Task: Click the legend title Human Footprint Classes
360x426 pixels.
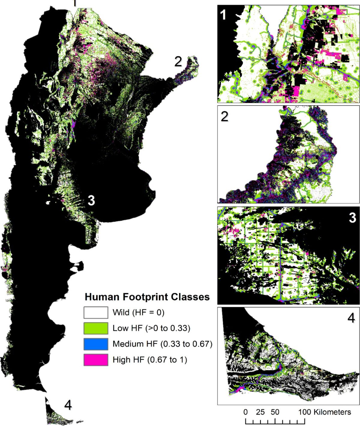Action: pos(147,297)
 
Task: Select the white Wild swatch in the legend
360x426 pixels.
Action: pos(96,313)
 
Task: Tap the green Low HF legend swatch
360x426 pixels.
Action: pos(96,328)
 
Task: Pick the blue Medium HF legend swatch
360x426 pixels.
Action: pos(96,344)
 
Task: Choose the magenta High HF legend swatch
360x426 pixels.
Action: pos(96,359)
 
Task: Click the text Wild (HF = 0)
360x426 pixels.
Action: pos(138,313)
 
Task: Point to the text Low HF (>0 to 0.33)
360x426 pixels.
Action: pos(151,328)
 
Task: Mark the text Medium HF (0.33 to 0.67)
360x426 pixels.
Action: pos(162,344)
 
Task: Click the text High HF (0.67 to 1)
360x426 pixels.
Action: pos(150,359)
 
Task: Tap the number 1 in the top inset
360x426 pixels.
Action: pos(223,15)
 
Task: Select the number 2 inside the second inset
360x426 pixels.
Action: pos(224,117)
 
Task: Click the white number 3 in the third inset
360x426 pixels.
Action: pos(352,218)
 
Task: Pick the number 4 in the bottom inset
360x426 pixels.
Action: pos(351,318)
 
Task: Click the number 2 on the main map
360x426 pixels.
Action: pos(178,62)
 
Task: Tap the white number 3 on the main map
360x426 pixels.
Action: pos(91,201)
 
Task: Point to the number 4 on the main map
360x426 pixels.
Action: pos(68,405)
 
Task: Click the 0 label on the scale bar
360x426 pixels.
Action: pos(246,412)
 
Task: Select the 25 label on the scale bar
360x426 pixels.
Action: pos(260,412)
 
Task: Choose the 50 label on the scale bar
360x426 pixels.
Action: pos(275,412)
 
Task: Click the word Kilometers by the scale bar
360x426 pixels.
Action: pos(332,412)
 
